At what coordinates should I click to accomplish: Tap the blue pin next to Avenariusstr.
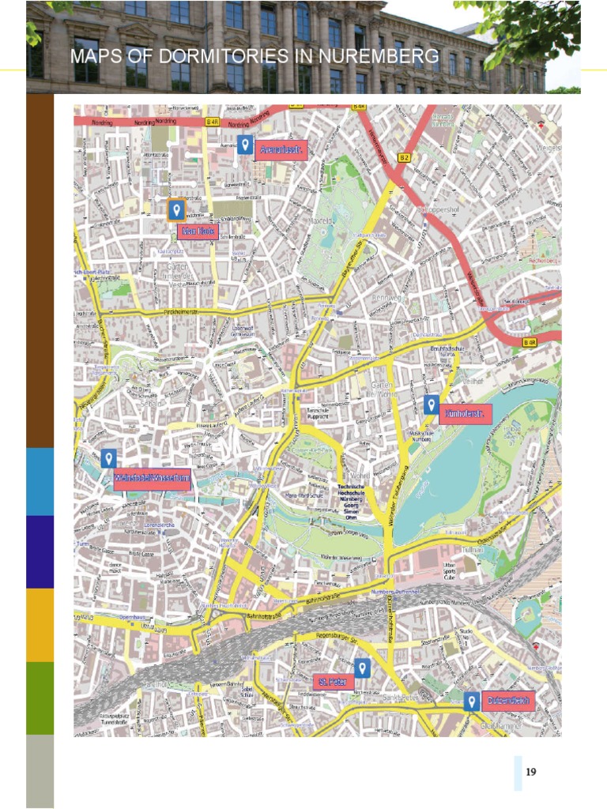[246, 145]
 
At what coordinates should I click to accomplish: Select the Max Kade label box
[199, 231]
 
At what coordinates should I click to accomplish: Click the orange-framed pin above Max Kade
[177, 210]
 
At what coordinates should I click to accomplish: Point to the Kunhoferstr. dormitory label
[466, 414]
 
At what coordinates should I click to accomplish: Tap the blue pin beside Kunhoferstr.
[431, 405]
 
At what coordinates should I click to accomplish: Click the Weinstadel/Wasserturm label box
[152, 480]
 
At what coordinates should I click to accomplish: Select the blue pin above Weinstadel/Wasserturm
[109, 458]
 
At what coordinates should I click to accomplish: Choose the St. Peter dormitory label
[333, 682]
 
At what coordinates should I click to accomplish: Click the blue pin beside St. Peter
[362, 668]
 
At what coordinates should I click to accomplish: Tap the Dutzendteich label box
[509, 701]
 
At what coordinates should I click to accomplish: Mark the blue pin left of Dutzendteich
[471, 701]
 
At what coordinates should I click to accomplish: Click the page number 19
[531, 772]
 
